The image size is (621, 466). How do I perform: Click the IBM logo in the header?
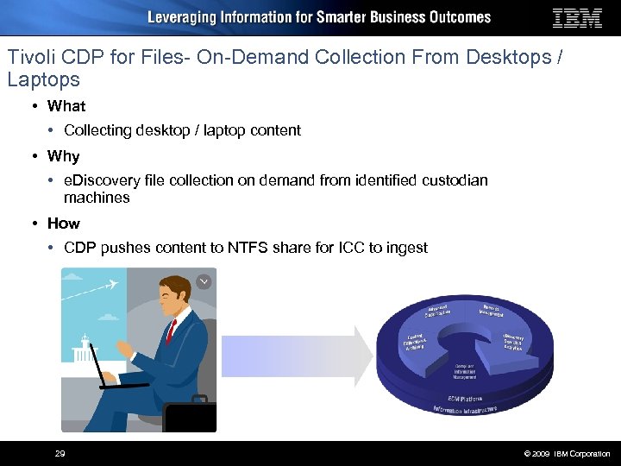pos(577,18)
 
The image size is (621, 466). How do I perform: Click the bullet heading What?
pos(66,106)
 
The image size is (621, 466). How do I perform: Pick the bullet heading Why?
pos(63,156)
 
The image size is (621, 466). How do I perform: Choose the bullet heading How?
pos(63,224)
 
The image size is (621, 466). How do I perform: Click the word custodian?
pos(455,180)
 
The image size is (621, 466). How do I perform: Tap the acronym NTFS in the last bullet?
pos(249,248)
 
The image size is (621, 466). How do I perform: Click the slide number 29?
pos(60,454)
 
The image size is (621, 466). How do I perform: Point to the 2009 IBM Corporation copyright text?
pos(566,454)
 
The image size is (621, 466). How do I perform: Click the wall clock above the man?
pos(204,281)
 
